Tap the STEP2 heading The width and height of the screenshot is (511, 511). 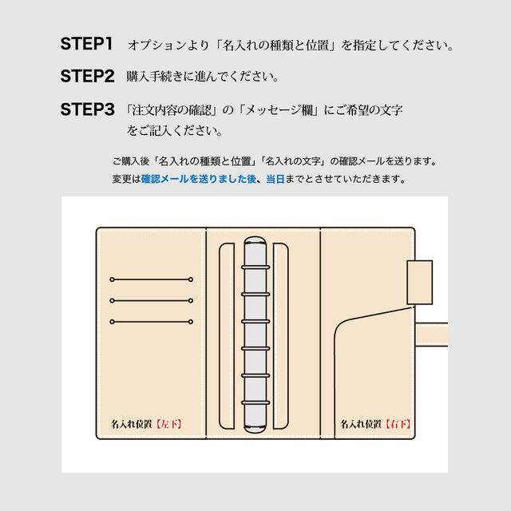click(88, 77)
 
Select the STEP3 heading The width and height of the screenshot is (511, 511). click(88, 110)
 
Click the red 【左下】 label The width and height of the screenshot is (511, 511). click(167, 424)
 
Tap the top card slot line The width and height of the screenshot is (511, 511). click(152, 279)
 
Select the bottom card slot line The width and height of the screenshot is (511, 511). click(152, 322)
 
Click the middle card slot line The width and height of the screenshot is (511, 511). click(152, 301)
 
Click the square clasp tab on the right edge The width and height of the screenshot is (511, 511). click(419, 282)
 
